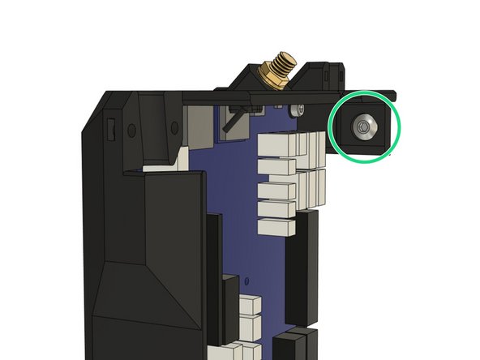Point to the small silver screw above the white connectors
pos(301,109)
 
